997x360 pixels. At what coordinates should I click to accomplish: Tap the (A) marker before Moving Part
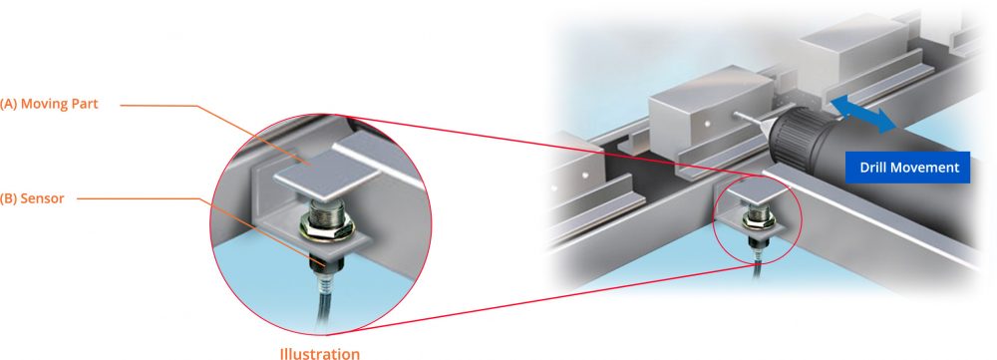9,103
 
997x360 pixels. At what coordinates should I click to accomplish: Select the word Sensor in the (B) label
44,198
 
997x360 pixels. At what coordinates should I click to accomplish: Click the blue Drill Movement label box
908,168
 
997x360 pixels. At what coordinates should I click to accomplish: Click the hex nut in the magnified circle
326,228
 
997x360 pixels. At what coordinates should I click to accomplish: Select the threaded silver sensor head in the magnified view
325,212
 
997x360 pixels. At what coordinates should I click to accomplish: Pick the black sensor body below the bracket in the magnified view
323,260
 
